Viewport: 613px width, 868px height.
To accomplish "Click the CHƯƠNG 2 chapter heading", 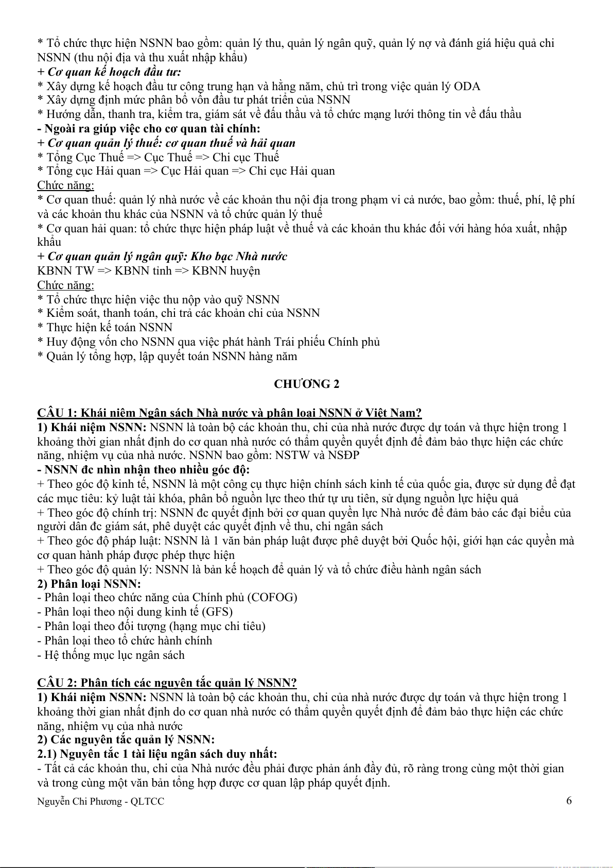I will point(306,384).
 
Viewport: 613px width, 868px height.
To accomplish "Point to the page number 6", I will point(569,801).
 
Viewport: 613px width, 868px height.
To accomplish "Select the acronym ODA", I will point(467,86).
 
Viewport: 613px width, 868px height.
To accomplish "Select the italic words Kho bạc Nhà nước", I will point(239,257).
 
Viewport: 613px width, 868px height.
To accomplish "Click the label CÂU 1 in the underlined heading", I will point(57,413).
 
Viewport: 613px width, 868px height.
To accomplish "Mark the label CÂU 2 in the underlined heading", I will point(57,683).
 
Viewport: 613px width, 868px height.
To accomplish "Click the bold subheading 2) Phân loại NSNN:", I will point(89,584).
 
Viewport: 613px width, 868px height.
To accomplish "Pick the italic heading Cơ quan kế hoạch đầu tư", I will point(113,72).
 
